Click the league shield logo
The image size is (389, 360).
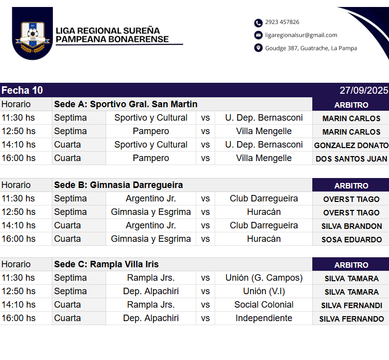tap(32, 33)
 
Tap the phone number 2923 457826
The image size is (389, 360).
tap(282, 22)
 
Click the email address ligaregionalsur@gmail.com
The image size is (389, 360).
tap(301, 35)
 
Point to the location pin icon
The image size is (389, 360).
tap(258, 48)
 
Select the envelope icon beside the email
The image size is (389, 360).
tap(258, 35)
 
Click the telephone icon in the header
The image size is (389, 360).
tap(258, 22)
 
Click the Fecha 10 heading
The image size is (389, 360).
tap(22, 90)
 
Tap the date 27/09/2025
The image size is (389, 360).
tap(364, 90)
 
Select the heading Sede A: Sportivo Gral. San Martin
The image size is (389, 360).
tap(126, 104)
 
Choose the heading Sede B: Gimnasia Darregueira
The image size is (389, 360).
tap(118, 185)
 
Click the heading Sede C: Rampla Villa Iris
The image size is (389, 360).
tap(106, 264)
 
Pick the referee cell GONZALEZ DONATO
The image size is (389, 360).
tap(351, 145)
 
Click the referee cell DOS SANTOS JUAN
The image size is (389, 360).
tap(351, 159)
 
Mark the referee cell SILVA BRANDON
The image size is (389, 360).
tap(351, 226)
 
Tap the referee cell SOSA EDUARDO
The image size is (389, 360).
tap(351, 239)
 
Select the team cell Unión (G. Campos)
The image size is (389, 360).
tap(263, 278)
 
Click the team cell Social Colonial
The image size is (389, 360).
tap(263, 305)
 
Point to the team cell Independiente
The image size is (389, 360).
tap(263, 318)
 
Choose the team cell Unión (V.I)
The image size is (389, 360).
tap(263, 291)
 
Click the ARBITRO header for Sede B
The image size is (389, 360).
tap(351, 185)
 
